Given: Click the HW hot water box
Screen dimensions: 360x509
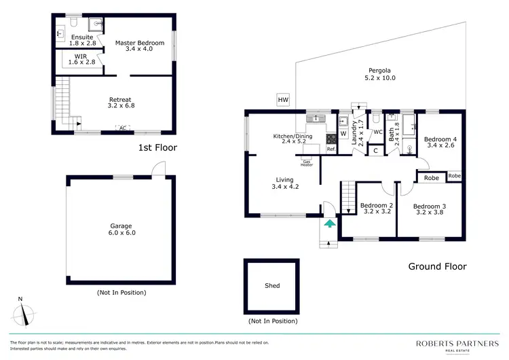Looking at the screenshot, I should (283, 100).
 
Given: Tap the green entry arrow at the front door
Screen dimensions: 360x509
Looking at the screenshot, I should (330, 222).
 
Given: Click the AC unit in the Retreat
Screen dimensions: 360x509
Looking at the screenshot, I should (122, 128).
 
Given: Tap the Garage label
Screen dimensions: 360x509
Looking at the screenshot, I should (121, 229).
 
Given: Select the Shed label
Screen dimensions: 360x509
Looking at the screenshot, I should (272, 286).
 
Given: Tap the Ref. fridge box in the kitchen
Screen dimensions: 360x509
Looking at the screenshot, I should (331, 148).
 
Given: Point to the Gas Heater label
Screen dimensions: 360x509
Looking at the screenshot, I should (307, 163).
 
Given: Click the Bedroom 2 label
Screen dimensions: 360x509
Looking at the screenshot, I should (377, 209).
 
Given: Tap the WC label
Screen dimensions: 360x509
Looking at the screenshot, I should (378, 132).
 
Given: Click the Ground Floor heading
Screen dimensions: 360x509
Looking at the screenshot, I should (437, 266).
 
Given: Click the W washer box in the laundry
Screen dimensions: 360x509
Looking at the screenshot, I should (344, 132).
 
